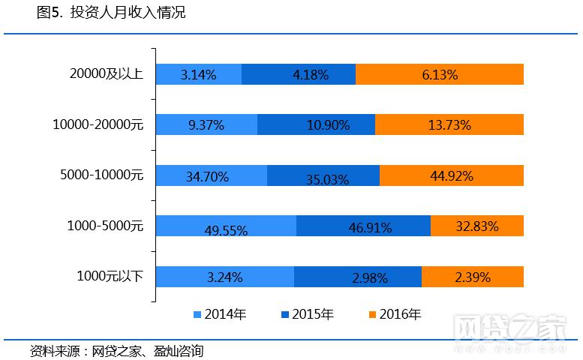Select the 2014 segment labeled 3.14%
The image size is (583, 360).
click(199, 74)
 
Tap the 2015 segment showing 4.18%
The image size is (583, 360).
click(299, 74)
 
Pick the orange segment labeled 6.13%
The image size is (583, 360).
click(440, 74)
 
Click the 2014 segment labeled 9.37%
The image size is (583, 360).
click(206, 125)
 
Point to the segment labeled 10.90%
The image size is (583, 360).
click(316, 125)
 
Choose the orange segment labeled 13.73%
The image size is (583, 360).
click(449, 125)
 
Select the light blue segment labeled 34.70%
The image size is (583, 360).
click(211, 175)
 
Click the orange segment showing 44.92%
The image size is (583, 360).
click(452, 175)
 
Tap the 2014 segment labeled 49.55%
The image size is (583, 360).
click(226, 226)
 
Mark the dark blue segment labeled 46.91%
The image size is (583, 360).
click(363, 225)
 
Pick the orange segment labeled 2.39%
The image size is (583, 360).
click(473, 277)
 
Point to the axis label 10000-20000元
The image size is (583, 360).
click(98, 125)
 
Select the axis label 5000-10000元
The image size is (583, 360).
click(101, 175)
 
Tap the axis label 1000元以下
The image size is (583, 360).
click(110, 277)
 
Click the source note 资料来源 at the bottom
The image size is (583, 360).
click(116, 350)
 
